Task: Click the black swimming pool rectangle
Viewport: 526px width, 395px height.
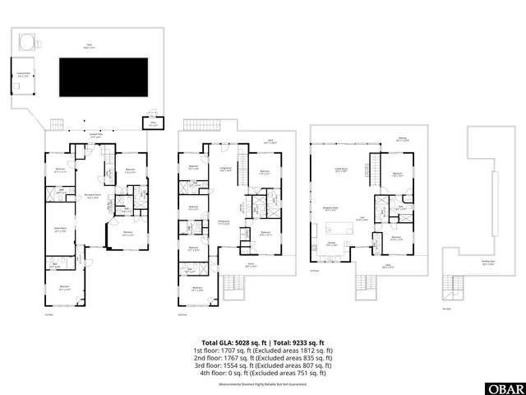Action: tap(103, 76)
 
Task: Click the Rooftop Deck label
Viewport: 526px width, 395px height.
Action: tap(487, 239)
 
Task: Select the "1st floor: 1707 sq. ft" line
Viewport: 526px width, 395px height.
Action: tap(264, 352)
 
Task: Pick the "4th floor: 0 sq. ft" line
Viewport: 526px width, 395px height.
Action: tap(264, 373)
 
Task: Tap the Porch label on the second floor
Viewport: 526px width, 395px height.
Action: tap(251, 265)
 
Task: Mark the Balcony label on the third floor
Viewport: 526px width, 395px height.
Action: tap(401, 139)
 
